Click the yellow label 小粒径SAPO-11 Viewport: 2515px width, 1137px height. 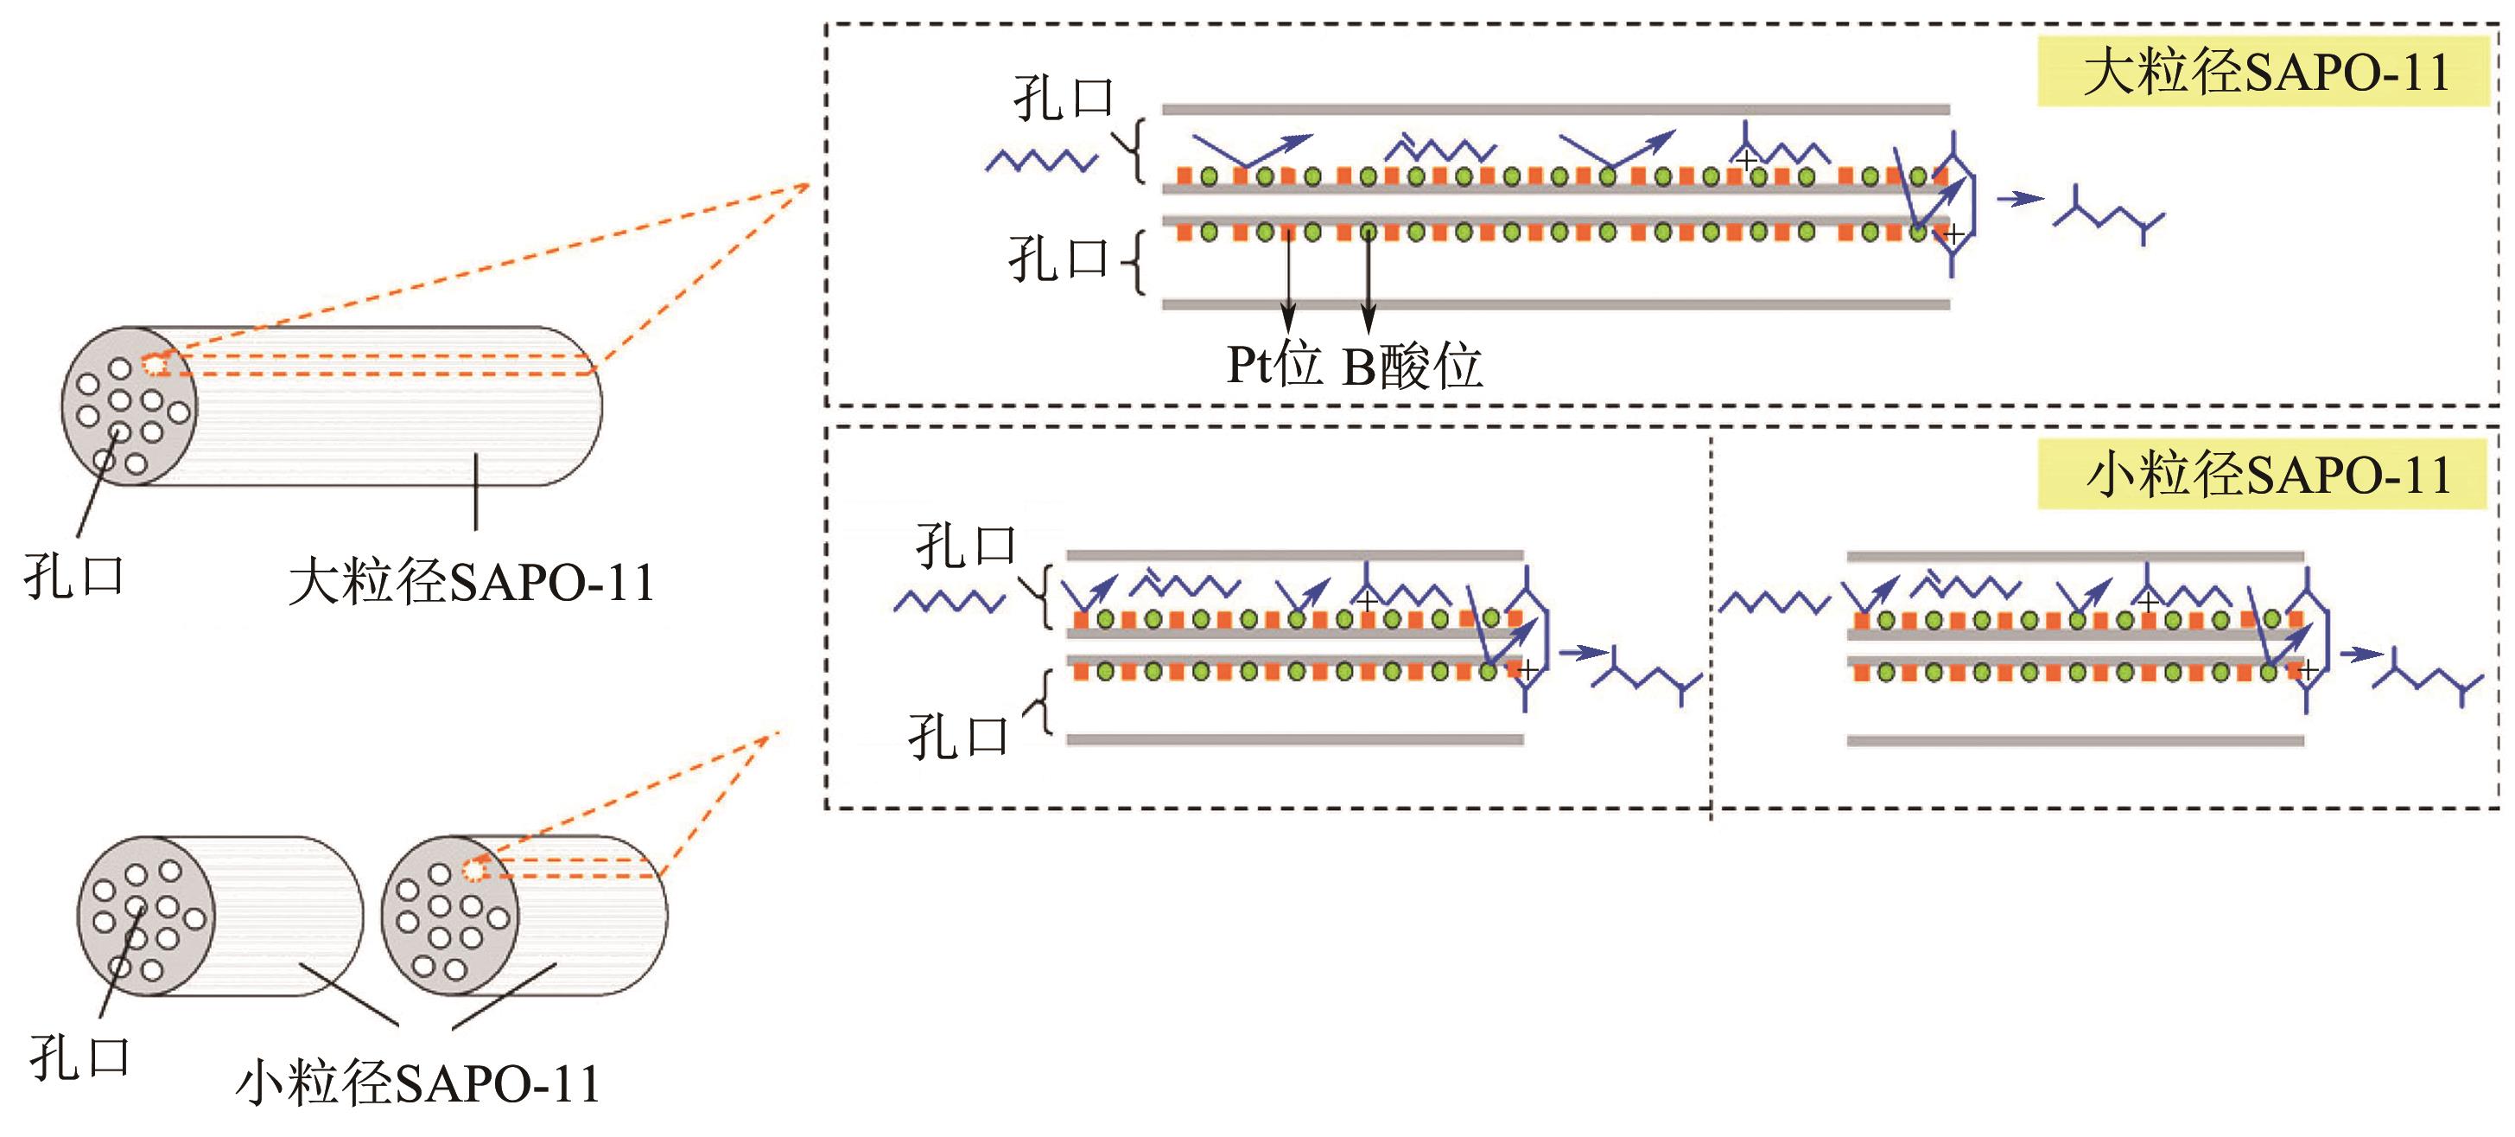2263,476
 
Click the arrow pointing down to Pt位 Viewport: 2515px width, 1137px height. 1289,284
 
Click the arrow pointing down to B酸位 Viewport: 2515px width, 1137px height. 1369,284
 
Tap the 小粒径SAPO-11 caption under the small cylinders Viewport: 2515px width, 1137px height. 418,1083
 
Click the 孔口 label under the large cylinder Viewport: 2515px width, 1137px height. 74,577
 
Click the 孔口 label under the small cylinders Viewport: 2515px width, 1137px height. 80,1057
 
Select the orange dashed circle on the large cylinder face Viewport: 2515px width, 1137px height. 155,364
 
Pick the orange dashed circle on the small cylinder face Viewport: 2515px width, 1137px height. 474,869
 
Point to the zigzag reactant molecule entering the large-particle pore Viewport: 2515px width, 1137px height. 1041,160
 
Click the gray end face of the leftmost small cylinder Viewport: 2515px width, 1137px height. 143,917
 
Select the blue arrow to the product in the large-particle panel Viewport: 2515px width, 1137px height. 2019,199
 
